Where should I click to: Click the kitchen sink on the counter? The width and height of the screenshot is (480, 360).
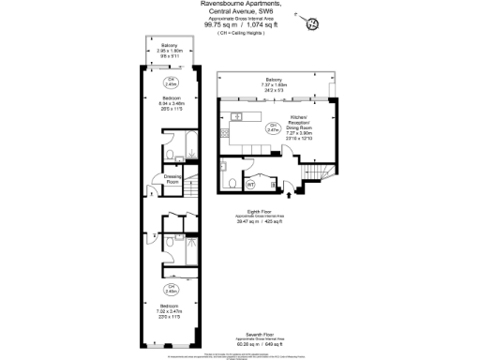pyautogui.click(x=238, y=116)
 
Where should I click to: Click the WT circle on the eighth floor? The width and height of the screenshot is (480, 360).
pyautogui.click(x=250, y=182)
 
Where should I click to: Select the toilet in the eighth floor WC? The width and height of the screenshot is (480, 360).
pyautogui.click(x=230, y=181)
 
